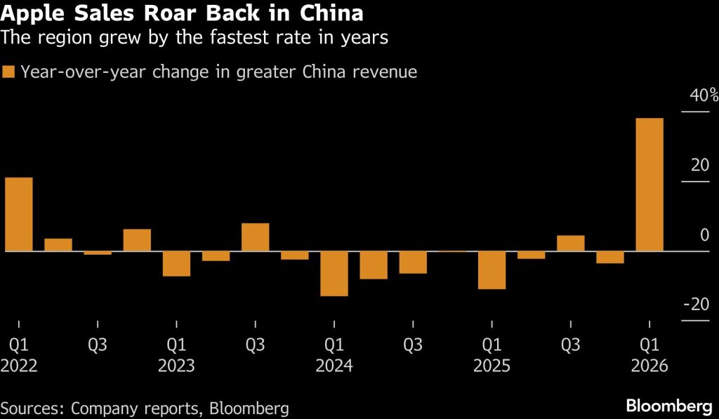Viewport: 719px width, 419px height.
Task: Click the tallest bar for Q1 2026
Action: point(649,184)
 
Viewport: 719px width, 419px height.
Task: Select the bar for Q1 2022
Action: point(19,214)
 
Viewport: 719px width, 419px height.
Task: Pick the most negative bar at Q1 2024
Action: point(334,273)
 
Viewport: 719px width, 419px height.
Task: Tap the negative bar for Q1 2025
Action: point(492,270)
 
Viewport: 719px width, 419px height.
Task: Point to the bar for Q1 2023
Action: point(176,263)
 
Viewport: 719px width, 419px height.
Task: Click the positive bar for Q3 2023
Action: point(255,237)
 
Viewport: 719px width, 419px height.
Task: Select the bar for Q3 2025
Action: point(570,243)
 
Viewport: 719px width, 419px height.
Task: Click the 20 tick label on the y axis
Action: point(700,166)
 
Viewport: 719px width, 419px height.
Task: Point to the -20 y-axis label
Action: point(697,305)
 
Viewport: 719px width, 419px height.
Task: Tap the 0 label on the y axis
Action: point(704,235)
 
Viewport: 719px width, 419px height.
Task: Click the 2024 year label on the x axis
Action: point(334,366)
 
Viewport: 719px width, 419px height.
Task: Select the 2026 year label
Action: point(649,366)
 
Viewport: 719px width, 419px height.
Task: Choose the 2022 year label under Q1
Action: point(19,366)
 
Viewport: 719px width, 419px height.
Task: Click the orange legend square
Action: point(8,72)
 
